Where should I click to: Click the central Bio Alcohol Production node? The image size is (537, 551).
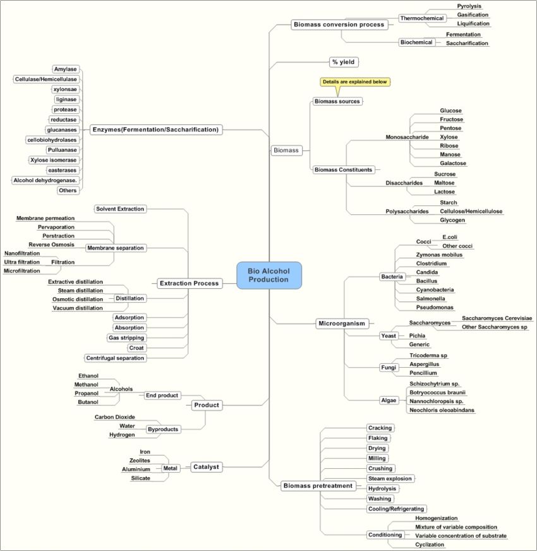point(269,275)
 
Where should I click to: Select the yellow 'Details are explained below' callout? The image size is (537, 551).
point(355,82)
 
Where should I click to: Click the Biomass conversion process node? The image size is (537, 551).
point(339,25)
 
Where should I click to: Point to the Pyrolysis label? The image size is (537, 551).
point(469,6)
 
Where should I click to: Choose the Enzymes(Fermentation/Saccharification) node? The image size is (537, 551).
point(156,130)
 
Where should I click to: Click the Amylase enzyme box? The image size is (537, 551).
point(65,69)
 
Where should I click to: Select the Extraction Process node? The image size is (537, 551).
point(189,284)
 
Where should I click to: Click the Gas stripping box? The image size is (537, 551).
point(126,338)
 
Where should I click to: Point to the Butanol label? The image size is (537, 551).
point(88,402)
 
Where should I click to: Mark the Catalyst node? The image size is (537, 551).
point(206,467)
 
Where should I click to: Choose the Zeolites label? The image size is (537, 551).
point(140,461)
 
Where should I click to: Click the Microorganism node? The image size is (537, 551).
point(341,324)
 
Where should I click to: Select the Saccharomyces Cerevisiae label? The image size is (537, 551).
point(497,318)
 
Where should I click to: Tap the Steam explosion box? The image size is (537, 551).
point(389,479)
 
